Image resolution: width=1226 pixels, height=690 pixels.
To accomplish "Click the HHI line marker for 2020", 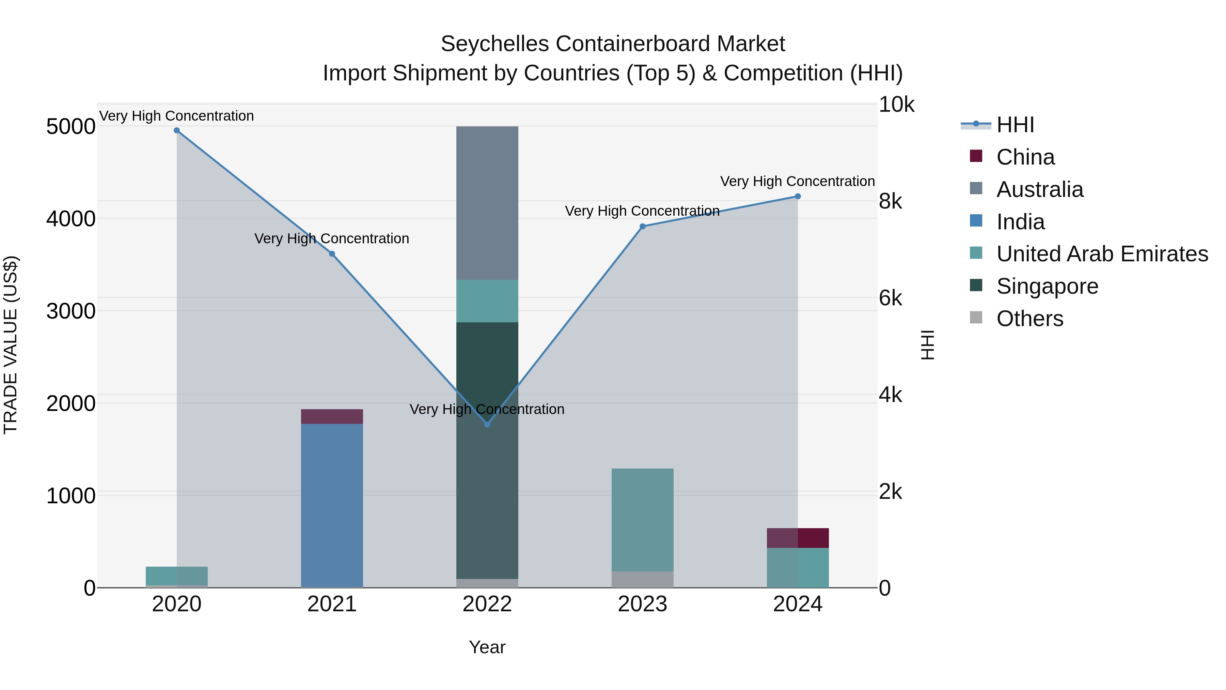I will (x=176, y=131).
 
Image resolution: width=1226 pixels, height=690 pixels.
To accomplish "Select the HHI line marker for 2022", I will (x=487, y=424).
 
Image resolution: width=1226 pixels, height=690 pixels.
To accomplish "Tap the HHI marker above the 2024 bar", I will (x=798, y=196).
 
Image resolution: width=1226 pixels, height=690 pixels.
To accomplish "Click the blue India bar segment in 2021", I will (x=332, y=505).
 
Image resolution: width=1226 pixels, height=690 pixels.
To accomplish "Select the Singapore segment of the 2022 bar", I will (x=487, y=450).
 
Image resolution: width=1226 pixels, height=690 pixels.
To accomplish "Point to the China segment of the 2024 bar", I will (x=798, y=538).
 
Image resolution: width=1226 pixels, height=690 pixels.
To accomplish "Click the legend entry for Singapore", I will (x=1047, y=286).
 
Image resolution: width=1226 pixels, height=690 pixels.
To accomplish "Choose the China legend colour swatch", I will (x=976, y=156).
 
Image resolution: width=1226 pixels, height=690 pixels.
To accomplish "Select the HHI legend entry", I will (x=1015, y=125).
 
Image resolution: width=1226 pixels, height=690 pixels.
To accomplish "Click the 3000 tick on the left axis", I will (x=70, y=311).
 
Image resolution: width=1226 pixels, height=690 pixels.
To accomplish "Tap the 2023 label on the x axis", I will (x=642, y=604).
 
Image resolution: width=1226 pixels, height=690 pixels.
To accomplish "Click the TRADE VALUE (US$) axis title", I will (x=11, y=345).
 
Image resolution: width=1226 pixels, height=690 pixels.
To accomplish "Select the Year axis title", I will (x=487, y=647).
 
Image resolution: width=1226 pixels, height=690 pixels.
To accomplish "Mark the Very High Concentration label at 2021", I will (x=332, y=239).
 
